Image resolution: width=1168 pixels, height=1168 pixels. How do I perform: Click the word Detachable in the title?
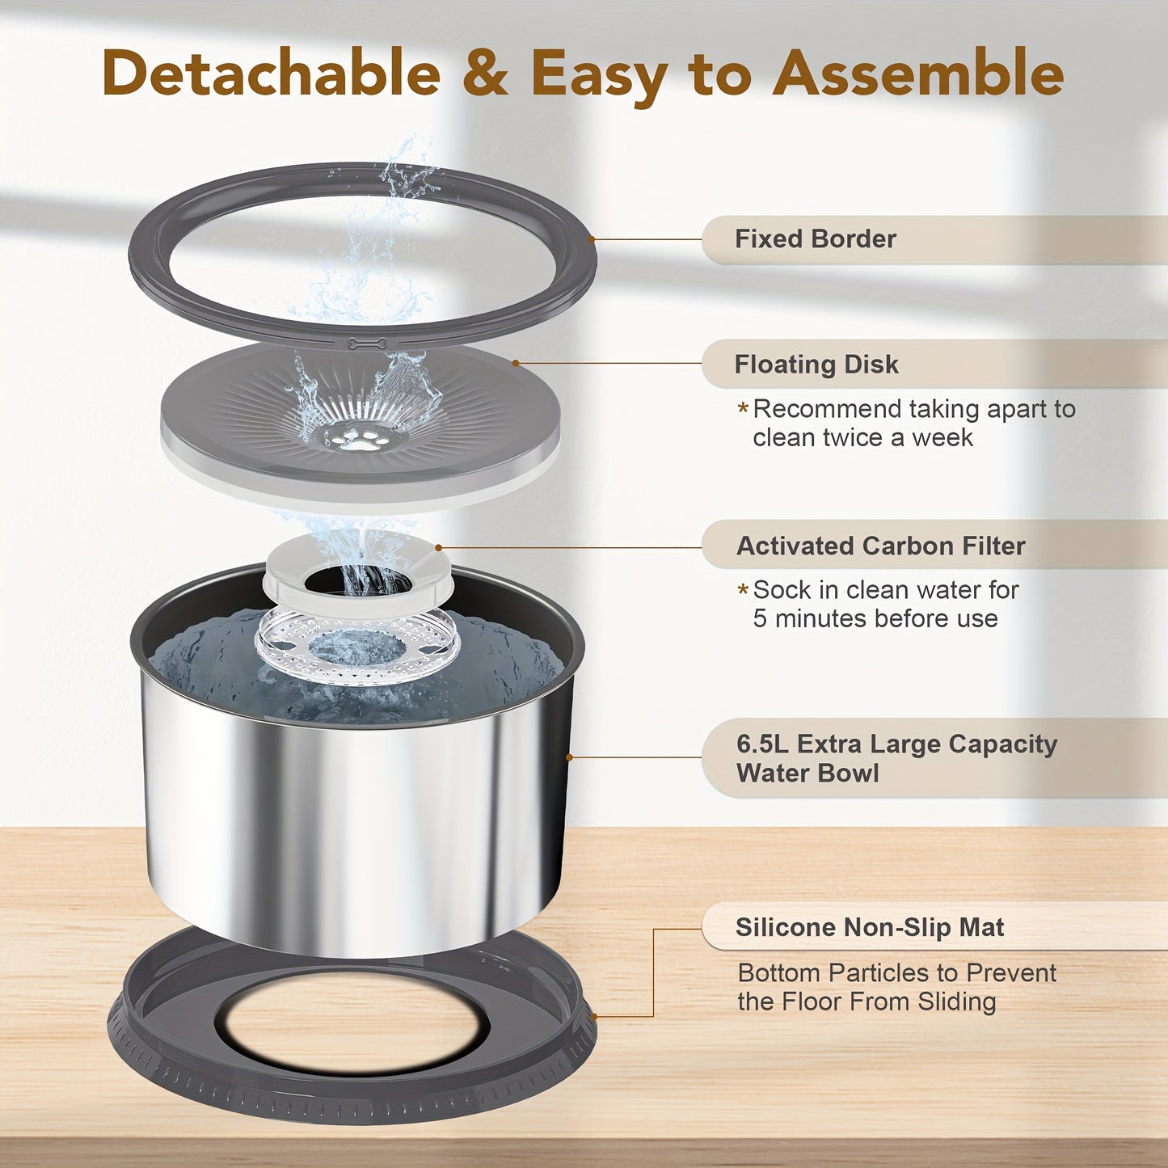[x=271, y=74]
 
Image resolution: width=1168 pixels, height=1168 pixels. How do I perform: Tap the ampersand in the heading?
[x=485, y=74]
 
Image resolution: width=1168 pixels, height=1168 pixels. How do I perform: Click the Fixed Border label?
[x=815, y=239]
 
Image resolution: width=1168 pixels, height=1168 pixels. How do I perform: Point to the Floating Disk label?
[x=816, y=365]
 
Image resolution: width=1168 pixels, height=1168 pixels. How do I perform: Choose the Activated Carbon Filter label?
[x=880, y=546]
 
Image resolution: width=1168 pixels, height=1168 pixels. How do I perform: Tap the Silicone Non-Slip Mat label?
[x=869, y=927]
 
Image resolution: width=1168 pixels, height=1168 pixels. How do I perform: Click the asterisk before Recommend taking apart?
[x=743, y=409]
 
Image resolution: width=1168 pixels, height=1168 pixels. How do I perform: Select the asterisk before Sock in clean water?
[x=743, y=591]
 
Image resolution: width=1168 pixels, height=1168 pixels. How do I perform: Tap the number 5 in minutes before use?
[x=760, y=619]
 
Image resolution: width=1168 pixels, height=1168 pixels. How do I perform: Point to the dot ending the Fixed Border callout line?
[x=592, y=239]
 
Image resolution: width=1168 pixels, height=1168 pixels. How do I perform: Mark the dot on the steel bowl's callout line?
[x=569, y=757]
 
